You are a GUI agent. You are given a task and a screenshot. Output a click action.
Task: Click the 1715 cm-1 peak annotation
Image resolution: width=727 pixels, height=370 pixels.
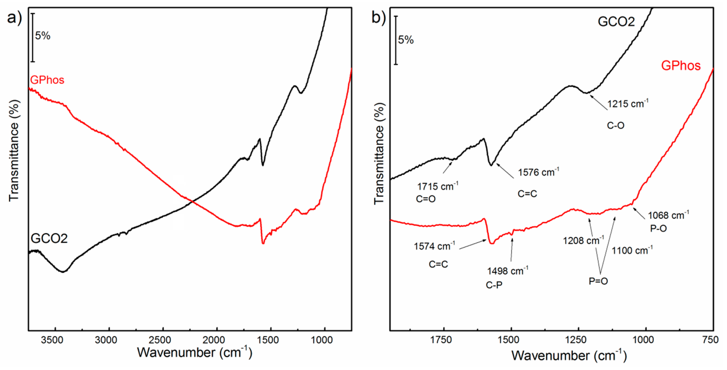(437, 186)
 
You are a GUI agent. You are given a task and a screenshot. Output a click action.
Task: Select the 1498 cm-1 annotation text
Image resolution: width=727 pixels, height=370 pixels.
(507, 271)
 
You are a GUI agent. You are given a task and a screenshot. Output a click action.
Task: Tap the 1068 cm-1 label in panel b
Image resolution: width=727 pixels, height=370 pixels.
(668, 215)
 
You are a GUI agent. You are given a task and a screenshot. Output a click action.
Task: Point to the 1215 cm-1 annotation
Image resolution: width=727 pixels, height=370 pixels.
(627, 104)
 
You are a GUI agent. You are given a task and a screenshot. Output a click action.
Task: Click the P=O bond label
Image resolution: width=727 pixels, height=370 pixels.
(598, 281)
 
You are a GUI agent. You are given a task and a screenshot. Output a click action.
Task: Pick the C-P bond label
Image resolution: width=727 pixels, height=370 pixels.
(494, 285)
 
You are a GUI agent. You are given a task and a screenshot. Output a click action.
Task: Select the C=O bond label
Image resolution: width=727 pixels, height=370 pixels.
(426, 199)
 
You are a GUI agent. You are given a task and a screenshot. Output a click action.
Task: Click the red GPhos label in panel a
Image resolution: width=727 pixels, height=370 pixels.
(47, 80)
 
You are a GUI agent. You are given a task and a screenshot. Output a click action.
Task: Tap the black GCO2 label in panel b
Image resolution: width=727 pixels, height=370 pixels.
(616, 22)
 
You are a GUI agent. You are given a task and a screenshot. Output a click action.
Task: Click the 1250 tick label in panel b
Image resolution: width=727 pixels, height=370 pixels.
(579, 340)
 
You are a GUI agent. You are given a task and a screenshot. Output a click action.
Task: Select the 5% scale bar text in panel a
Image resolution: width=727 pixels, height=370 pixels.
(43, 36)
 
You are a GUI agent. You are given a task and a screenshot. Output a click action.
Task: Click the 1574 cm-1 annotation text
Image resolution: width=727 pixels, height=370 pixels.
(434, 246)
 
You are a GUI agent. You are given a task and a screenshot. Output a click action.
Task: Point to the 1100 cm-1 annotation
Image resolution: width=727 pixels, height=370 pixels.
(632, 250)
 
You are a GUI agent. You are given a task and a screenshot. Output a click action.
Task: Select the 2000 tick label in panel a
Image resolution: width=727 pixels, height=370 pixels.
(216, 340)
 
